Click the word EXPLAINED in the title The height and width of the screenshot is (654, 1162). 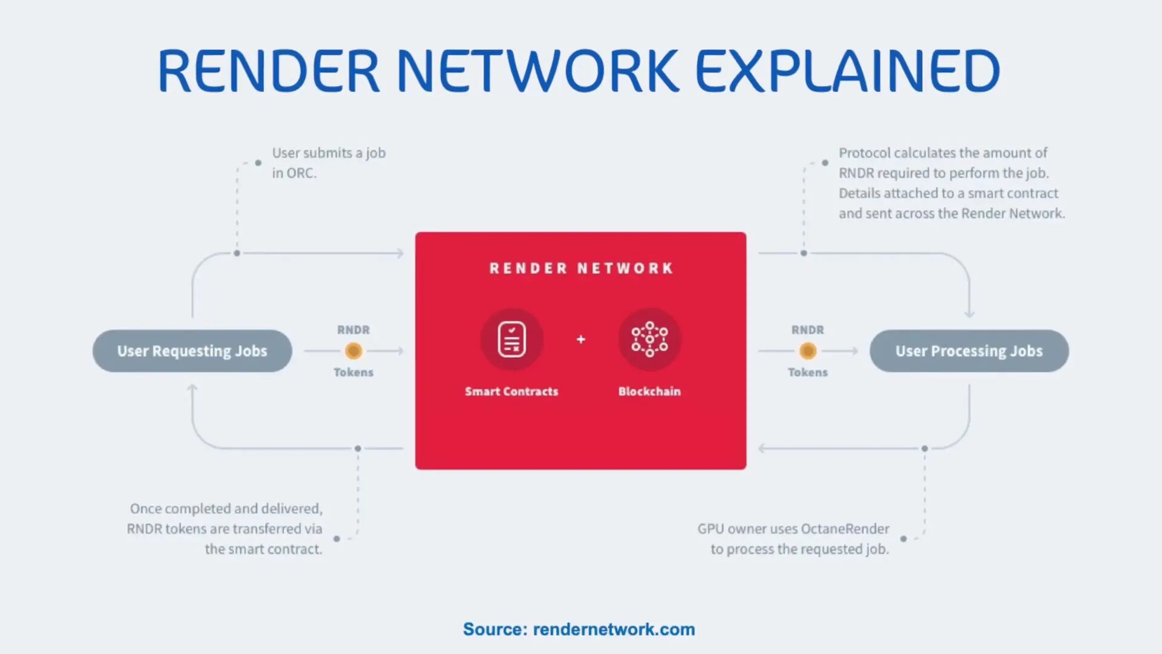pyautogui.click(x=847, y=71)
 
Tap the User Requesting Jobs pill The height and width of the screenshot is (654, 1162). pyautogui.click(x=192, y=351)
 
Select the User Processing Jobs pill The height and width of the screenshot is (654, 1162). pyautogui.click(x=969, y=351)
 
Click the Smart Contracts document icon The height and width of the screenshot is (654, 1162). pyautogui.click(x=511, y=339)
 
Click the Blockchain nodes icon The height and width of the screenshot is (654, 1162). pyautogui.click(x=649, y=339)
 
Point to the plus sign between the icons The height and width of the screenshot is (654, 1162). pyautogui.click(x=581, y=339)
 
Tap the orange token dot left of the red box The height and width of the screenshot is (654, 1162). pyautogui.click(x=353, y=351)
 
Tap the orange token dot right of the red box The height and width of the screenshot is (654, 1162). pyautogui.click(x=808, y=351)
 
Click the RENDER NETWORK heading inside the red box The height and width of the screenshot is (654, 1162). pyautogui.click(x=581, y=268)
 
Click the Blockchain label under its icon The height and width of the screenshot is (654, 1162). pyautogui.click(x=649, y=391)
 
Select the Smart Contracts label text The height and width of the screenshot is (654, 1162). pyautogui.click(x=511, y=391)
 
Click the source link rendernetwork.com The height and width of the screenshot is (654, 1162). pyautogui.click(x=614, y=629)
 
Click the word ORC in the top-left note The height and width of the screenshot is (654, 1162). pyautogui.click(x=300, y=173)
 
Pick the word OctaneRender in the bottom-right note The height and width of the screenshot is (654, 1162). pyautogui.click(x=845, y=529)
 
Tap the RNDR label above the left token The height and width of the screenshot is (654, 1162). pyautogui.click(x=353, y=330)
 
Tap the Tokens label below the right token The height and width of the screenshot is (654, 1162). pyautogui.click(x=808, y=372)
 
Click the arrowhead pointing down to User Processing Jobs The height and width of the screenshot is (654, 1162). pyautogui.click(x=970, y=314)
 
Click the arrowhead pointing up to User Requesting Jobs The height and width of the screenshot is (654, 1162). pyautogui.click(x=192, y=388)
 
